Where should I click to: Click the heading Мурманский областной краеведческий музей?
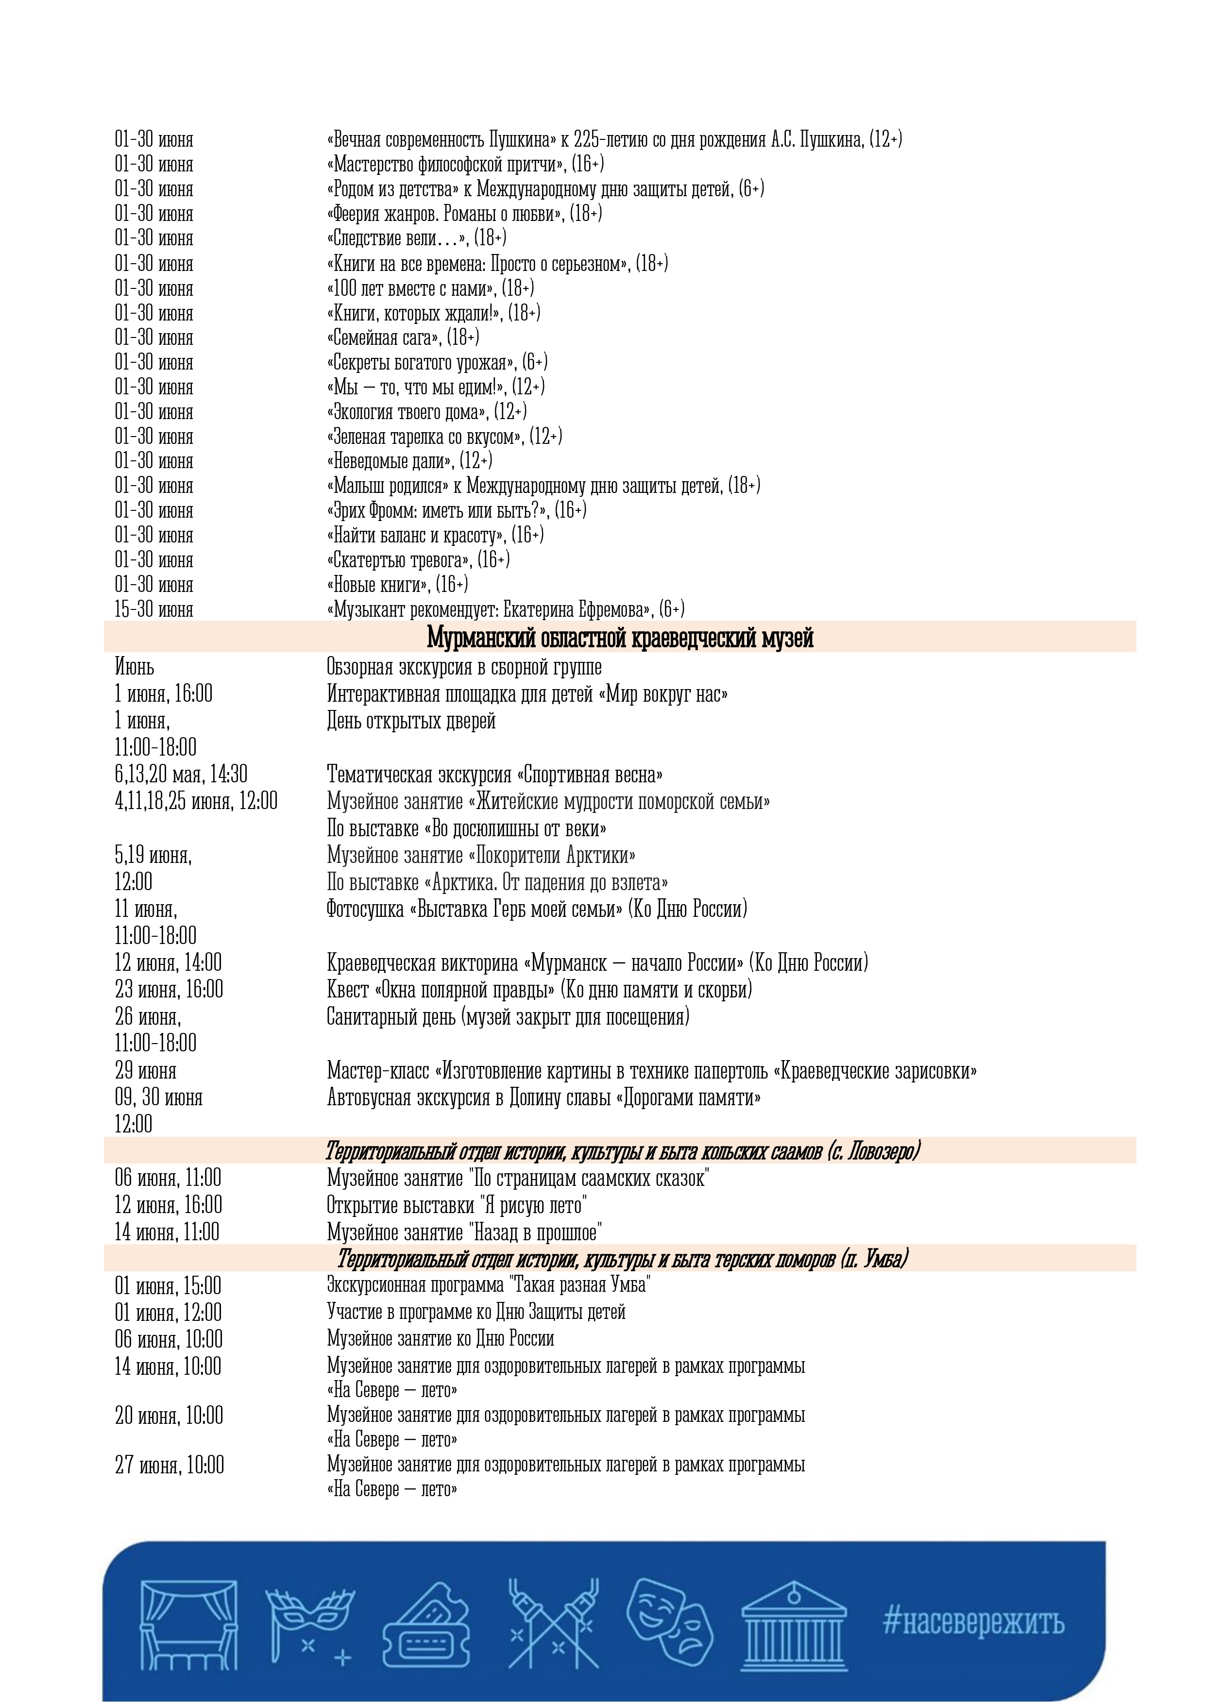[620, 638]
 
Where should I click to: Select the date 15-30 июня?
[153, 609]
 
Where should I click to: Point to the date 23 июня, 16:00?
[169, 989]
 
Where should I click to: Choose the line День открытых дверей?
[410, 721]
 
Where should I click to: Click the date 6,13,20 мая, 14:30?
[180, 775]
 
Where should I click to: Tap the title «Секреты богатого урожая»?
[420, 362]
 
